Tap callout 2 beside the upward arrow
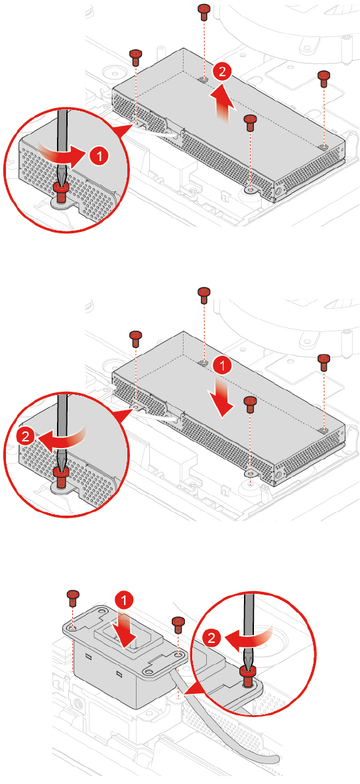pos(222,72)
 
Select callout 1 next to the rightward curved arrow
pos(100,156)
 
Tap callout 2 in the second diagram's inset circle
pos(26,436)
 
